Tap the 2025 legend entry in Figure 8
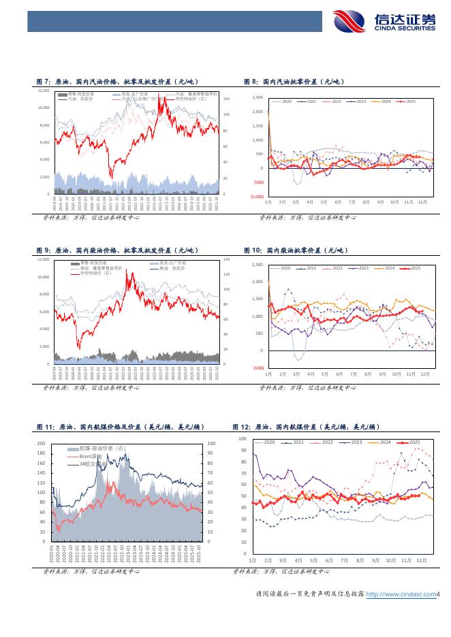[407, 101]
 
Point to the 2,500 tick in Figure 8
[258, 98]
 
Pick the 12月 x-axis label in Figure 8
[422, 203]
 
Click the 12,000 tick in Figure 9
[43, 259]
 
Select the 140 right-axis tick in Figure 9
[227, 259]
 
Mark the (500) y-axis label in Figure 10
[258, 368]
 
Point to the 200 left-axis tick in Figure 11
[41, 443]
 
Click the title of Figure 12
[306, 427]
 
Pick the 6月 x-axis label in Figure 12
[329, 559]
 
